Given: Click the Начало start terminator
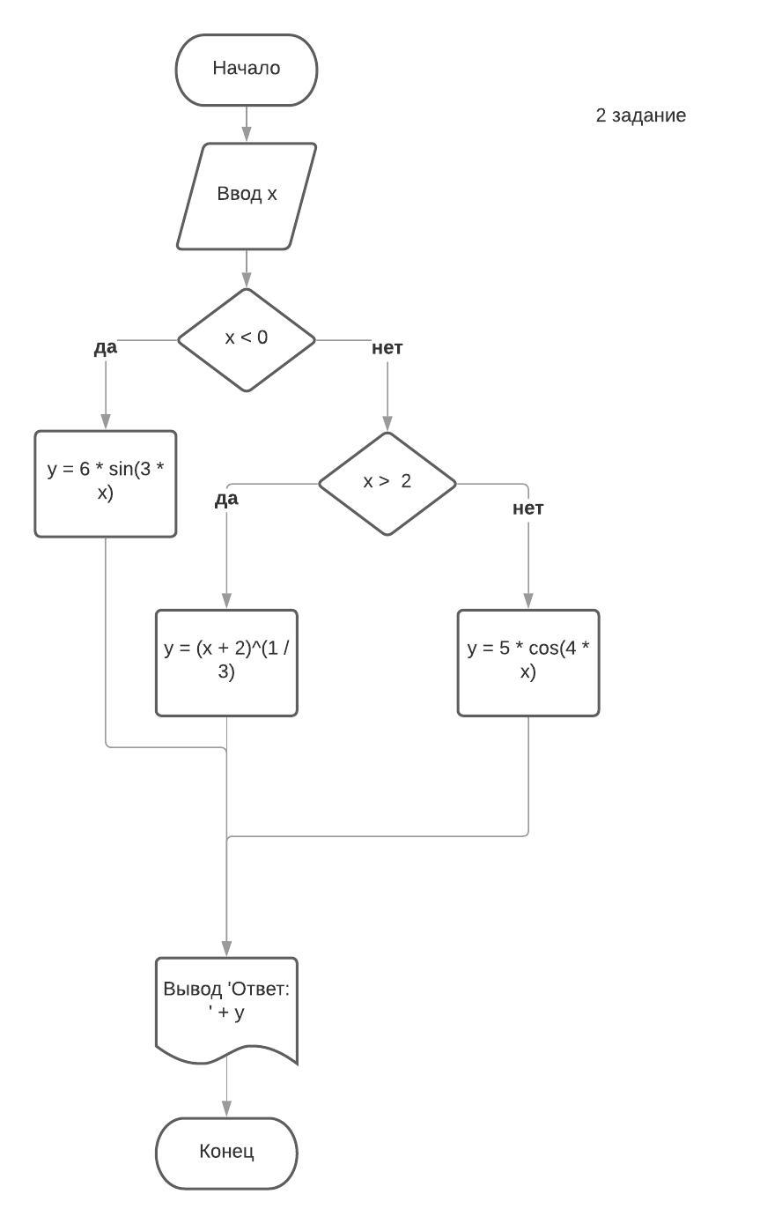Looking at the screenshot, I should click(x=247, y=70).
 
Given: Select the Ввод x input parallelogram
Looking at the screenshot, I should click(x=247, y=196).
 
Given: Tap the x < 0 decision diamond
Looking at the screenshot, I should click(x=247, y=339).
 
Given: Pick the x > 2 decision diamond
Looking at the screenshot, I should click(x=387, y=483).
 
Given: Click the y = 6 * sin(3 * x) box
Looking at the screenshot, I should click(x=106, y=483).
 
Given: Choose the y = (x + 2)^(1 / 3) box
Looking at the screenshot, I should click(x=226, y=662).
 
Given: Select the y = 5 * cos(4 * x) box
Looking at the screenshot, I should click(x=528, y=662).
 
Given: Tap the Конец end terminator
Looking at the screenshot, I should click(x=226, y=1153).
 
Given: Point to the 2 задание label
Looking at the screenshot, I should click(x=640, y=115).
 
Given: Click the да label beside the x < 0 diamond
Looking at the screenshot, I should click(x=106, y=347).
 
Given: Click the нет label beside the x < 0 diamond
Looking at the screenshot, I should click(x=387, y=348).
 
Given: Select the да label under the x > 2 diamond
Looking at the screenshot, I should click(x=226, y=500).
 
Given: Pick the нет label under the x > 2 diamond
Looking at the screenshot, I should click(x=528, y=508).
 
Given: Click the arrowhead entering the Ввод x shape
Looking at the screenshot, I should click(x=247, y=136).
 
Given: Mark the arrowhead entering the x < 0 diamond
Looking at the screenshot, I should click(x=247, y=281).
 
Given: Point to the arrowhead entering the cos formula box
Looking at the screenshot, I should click(x=528, y=602).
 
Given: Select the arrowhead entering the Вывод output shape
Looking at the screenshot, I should click(x=226, y=949).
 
